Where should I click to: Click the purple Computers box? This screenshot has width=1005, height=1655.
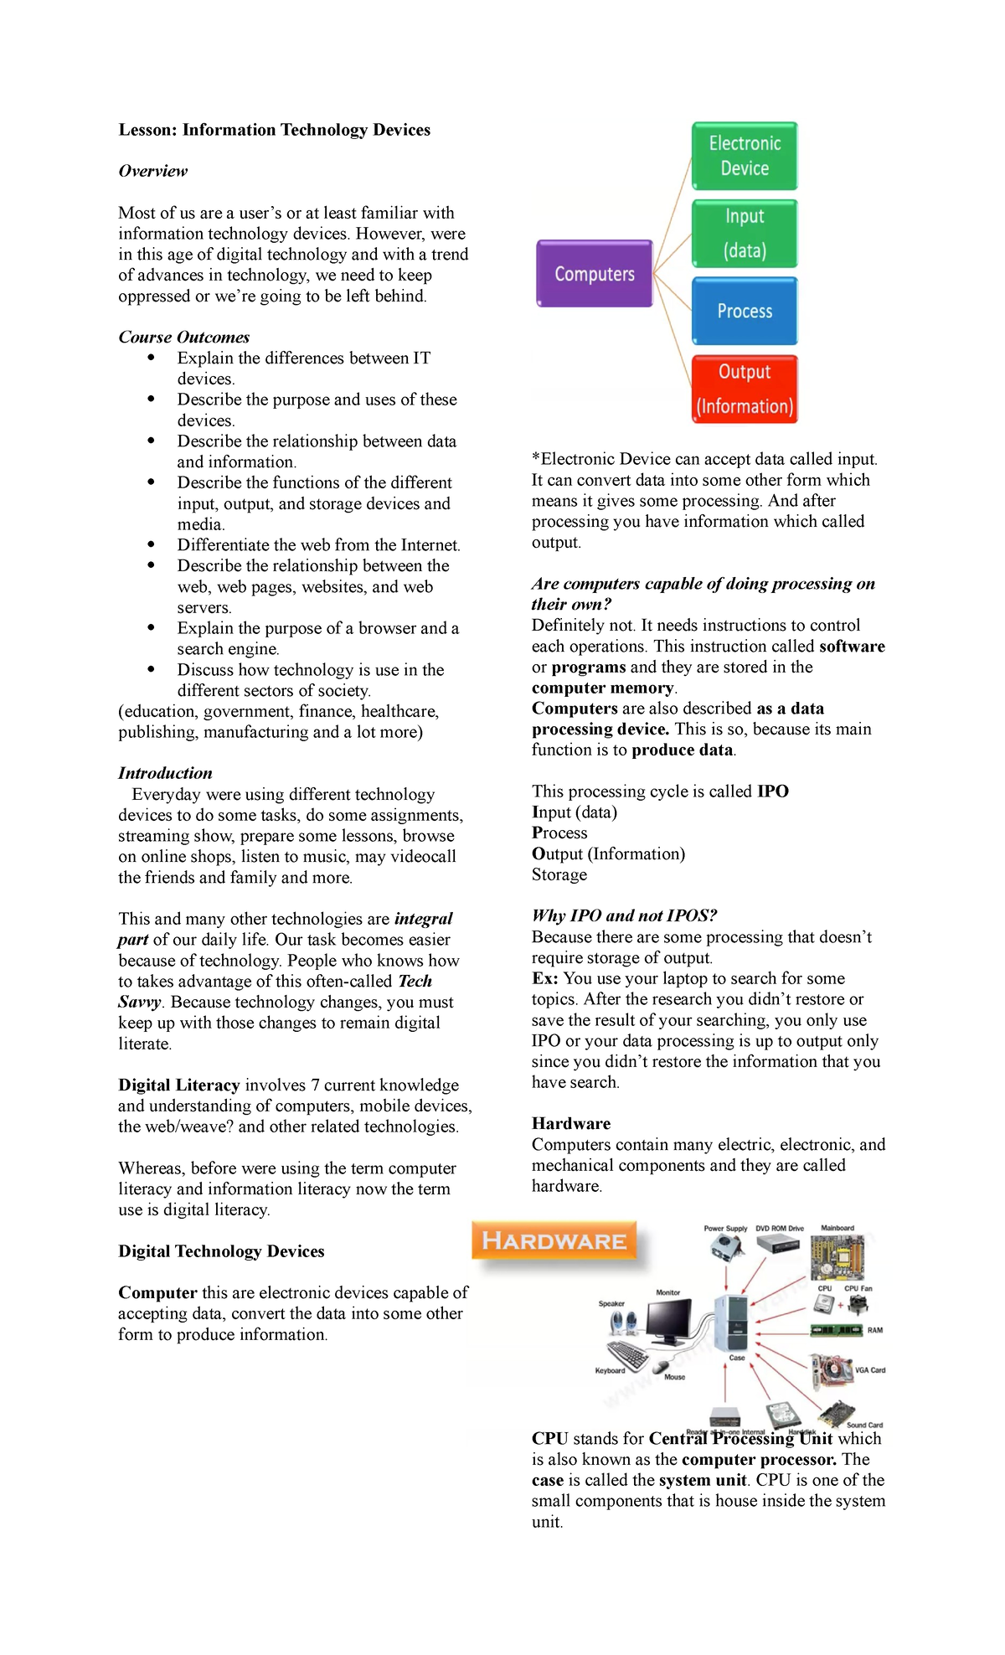tap(595, 274)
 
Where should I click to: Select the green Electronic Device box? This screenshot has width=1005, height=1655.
tap(745, 156)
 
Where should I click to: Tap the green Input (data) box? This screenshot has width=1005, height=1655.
tap(745, 234)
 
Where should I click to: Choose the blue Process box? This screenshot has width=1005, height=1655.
tap(745, 311)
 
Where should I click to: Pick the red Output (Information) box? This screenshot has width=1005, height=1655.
tap(745, 389)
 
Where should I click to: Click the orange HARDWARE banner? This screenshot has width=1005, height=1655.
tap(554, 1240)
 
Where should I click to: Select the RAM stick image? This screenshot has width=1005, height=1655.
tap(836, 1330)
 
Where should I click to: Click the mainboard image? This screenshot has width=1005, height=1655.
tap(837, 1256)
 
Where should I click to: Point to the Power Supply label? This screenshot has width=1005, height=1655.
tap(725, 1229)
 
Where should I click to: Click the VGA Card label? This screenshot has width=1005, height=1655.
tap(870, 1370)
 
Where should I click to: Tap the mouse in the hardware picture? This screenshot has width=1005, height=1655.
tap(662, 1366)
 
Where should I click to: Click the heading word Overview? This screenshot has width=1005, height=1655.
tap(153, 171)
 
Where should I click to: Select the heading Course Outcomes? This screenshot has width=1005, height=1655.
tap(184, 337)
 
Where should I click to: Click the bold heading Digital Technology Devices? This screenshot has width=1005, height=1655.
tap(221, 1250)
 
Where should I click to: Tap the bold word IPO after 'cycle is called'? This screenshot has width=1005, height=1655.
tap(772, 791)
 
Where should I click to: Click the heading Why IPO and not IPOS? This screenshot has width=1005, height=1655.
tap(624, 915)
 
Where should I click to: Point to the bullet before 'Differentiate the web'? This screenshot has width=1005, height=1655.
tap(152, 544)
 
